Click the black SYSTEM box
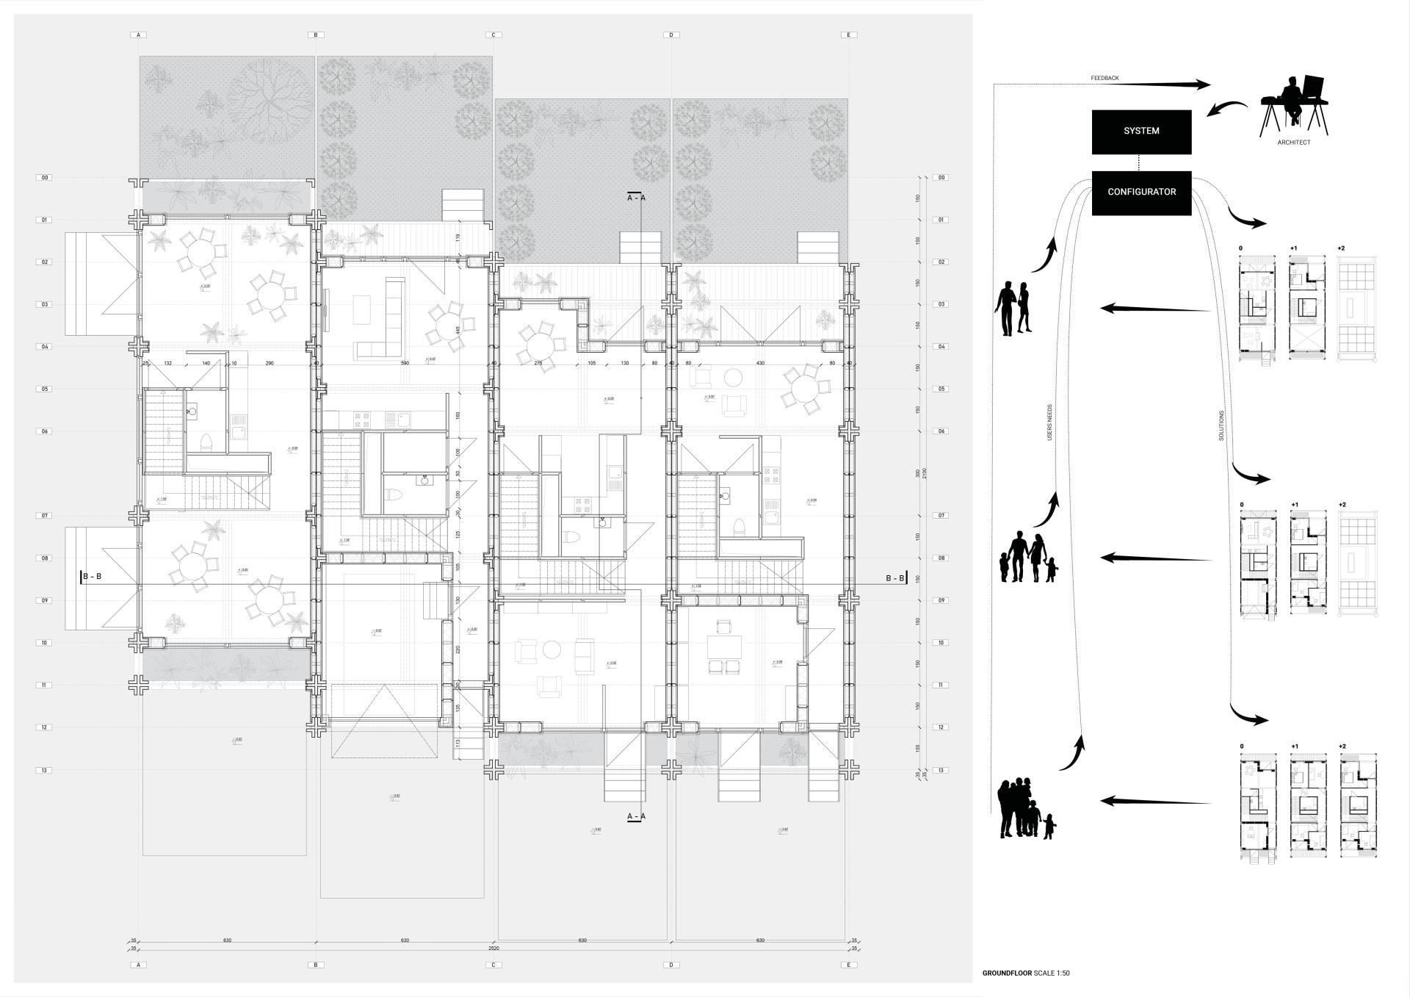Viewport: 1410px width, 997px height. coord(1141,132)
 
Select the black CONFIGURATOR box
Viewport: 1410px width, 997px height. coord(1141,192)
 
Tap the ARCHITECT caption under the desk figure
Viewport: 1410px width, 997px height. coord(1293,143)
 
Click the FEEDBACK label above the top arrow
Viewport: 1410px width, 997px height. coord(1104,78)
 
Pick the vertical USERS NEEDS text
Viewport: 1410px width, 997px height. coord(1049,422)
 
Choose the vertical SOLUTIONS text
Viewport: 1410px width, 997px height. coord(1221,425)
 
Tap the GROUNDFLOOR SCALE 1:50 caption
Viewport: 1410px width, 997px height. coord(1026,973)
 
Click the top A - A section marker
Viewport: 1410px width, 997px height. coord(636,197)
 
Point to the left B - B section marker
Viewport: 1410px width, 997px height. coord(90,577)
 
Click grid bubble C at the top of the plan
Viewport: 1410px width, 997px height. coord(493,35)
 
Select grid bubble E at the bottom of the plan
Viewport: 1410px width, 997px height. coord(849,965)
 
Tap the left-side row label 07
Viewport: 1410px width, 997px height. coord(45,516)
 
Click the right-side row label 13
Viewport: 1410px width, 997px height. coord(941,770)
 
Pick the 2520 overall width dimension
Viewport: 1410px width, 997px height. coord(493,949)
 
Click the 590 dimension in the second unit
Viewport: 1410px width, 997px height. coord(404,363)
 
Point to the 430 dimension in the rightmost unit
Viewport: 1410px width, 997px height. coord(760,363)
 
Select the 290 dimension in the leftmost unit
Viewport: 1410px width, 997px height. coord(270,363)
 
